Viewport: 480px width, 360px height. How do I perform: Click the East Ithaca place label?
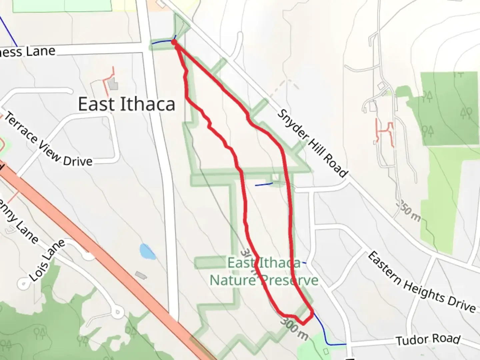127,104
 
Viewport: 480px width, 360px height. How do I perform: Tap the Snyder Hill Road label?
313,143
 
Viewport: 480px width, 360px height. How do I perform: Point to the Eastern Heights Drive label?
422,283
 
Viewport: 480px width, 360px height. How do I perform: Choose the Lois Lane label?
47,260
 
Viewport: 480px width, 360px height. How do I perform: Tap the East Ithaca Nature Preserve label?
264,272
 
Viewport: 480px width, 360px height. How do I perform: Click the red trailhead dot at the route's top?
174,42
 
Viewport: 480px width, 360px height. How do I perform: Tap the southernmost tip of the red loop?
303,323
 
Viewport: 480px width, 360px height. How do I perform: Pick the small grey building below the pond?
141,275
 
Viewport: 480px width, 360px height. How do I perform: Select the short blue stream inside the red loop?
264,184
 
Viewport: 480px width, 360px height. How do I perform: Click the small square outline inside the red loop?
275,177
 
